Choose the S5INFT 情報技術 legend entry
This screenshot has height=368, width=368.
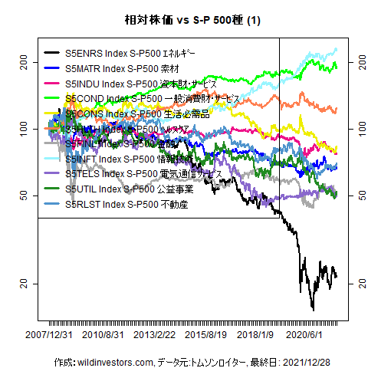[x=138, y=159]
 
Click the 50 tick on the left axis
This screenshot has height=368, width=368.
[x=25, y=195]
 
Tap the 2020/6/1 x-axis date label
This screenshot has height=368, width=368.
[x=304, y=335]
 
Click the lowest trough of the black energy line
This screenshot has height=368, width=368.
[x=313, y=309]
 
